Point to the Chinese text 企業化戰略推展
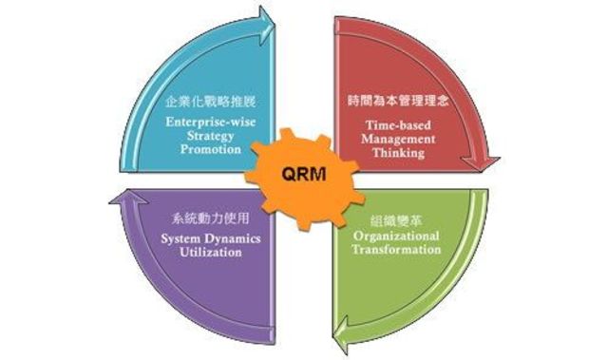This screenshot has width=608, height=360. click(x=206, y=100)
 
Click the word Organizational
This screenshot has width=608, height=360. click(x=396, y=236)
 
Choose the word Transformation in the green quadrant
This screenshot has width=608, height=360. click(x=397, y=250)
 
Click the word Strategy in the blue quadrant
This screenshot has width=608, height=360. click(x=208, y=137)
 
